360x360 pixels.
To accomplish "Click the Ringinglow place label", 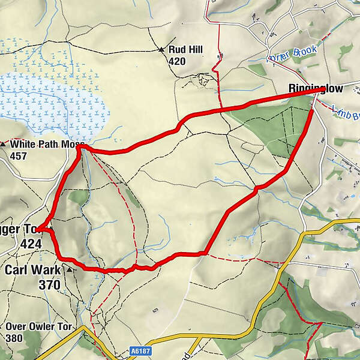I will (x=316, y=89).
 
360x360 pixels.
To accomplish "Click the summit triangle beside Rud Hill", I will (x=162, y=50).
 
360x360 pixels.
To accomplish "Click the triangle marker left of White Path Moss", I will (x=4, y=145).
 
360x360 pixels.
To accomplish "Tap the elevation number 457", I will (x=19, y=155).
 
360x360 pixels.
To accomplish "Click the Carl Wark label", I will (x=32, y=270).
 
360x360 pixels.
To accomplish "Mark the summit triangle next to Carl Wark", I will (x=70, y=271).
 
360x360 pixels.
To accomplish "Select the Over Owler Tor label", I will (x=39, y=326).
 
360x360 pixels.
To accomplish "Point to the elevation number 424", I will (x=30, y=244).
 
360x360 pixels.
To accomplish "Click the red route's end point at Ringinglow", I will (x=324, y=89).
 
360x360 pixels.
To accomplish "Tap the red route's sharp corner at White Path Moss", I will (x=82, y=147).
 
